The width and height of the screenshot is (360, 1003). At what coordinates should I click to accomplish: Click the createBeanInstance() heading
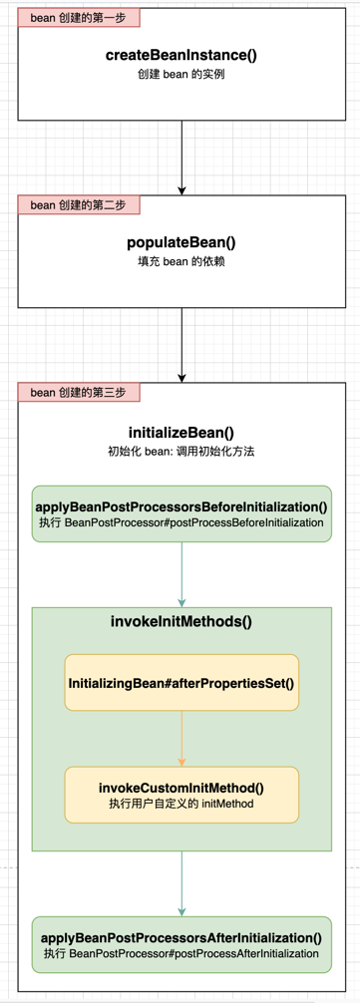click(181, 56)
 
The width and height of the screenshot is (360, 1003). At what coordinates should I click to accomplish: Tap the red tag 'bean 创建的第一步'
click(79, 18)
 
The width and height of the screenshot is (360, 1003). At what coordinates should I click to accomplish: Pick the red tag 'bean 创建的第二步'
click(79, 205)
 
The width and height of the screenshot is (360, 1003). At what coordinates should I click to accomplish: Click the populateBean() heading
click(181, 243)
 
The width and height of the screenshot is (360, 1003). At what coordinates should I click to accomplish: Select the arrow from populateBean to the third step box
click(181, 344)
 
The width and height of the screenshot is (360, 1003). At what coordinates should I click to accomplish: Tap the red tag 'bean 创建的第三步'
click(79, 392)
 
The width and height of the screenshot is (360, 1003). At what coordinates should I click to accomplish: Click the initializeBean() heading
click(181, 433)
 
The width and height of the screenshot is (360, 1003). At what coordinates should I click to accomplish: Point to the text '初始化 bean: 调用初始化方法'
click(181, 451)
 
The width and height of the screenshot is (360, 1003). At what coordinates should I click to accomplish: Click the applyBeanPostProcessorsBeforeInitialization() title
click(181, 505)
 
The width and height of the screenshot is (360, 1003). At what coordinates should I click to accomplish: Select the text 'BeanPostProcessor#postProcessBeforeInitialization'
click(194, 522)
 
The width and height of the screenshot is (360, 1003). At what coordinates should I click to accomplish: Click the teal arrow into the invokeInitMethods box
click(181, 573)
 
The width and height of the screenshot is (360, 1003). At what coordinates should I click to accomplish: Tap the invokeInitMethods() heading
click(181, 621)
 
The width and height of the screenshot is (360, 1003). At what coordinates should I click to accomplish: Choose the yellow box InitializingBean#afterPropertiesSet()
click(181, 682)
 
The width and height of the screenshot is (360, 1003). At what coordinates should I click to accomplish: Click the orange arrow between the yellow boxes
click(181, 738)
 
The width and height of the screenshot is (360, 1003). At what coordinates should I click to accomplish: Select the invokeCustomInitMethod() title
click(181, 787)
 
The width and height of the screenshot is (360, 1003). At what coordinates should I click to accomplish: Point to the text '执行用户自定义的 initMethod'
click(181, 804)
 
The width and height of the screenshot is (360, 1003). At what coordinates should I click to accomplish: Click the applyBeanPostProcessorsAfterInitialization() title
click(181, 937)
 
